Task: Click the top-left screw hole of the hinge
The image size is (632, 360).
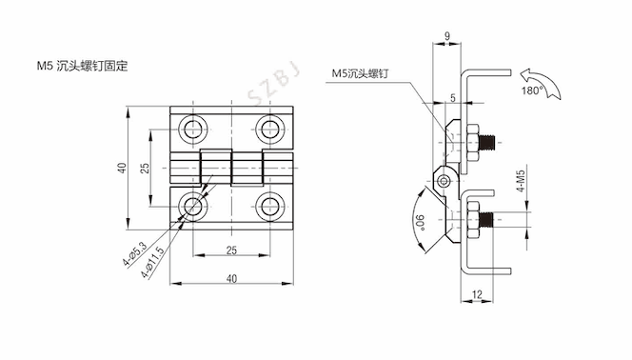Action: [x=193, y=130]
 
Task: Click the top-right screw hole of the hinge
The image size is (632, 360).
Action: [x=269, y=130]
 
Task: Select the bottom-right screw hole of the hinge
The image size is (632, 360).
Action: [x=269, y=207]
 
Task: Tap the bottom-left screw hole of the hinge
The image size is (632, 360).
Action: [x=193, y=207]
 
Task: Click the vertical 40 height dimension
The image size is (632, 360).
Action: [x=122, y=168]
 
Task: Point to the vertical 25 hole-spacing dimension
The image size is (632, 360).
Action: [x=145, y=168]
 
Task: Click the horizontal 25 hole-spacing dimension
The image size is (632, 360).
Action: [x=231, y=250]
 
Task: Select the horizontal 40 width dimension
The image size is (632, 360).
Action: [x=231, y=278]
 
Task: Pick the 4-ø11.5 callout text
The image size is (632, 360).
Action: [x=152, y=262]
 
